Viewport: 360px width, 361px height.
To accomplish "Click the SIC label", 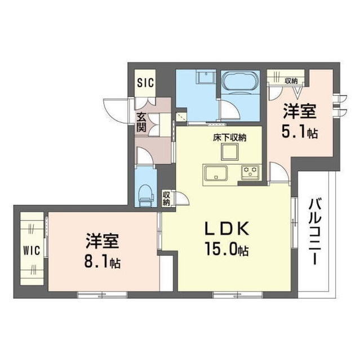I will (x=145, y=82).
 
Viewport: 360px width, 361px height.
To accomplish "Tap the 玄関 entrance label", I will (x=141, y=122).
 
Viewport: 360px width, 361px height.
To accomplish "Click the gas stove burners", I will (x=250, y=170).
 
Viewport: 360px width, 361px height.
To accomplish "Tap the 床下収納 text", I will (x=229, y=137).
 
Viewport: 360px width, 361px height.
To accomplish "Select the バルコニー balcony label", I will (x=315, y=232).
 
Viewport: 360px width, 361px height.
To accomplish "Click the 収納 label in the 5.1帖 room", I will (x=291, y=80).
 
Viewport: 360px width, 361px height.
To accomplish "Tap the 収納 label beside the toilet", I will (x=166, y=199).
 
